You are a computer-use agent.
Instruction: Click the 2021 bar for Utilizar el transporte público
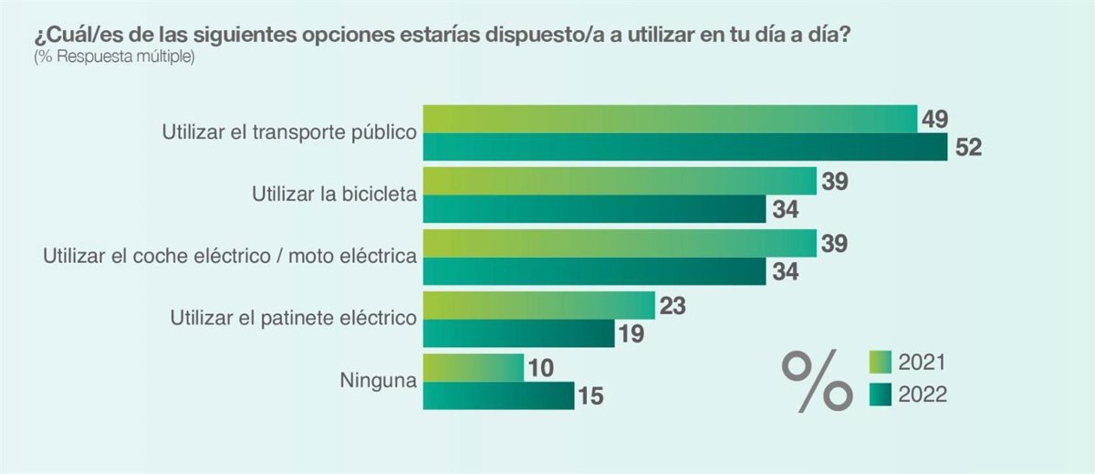coord(671,119)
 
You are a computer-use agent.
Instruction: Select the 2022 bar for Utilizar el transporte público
coord(686,147)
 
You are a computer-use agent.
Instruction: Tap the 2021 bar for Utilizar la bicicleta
coord(620,181)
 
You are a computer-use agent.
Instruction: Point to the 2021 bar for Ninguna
coord(474,367)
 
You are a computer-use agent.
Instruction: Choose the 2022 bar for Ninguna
coord(499,395)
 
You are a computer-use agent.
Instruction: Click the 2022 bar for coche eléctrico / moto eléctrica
coord(595,271)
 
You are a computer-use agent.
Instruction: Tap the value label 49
coord(934,119)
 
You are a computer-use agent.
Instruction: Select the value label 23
coord(672,305)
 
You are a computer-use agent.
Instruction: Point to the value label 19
coord(631,334)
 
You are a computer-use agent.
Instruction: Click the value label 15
coord(590,396)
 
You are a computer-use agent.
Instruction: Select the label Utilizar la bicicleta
coord(334,194)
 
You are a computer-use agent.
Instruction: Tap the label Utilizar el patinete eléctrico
coord(294,318)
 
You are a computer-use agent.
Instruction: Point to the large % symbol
coord(815,379)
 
